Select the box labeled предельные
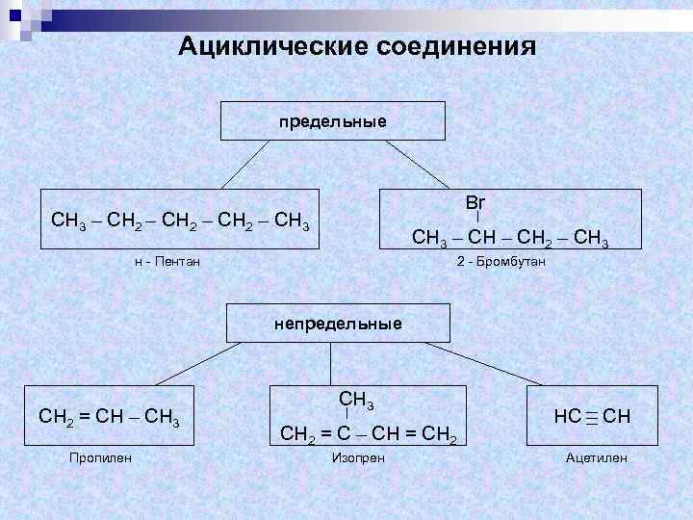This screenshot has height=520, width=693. (333, 122)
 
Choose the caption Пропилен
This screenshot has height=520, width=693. (100, 456)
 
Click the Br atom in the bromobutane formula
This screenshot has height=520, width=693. (475, 203)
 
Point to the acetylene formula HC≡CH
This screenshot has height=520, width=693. (592, 417)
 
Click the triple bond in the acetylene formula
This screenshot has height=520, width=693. (592, 417)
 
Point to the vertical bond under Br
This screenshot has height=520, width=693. (478, 220)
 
